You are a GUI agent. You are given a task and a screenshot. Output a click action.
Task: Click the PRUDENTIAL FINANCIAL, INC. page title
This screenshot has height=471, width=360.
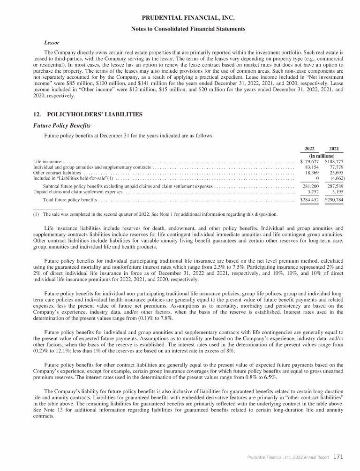tap(180, 19)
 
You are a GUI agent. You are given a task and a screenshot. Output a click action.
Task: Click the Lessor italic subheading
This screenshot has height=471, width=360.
tap(51, 42)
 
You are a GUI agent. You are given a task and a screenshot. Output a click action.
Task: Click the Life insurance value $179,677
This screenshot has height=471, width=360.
tap(309, 161)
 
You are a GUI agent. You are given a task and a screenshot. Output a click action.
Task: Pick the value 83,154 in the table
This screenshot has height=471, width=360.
tap(312, 167)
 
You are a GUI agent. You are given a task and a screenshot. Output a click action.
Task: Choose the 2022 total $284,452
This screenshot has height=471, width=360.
tap(309, 200)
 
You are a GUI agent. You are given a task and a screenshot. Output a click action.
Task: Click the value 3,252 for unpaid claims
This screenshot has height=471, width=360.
tap(313, 191)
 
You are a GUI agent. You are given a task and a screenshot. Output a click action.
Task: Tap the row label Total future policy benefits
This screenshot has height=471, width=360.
tap(70, 200)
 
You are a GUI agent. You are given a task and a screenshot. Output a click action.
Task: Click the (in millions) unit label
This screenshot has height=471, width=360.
tap(322, 155)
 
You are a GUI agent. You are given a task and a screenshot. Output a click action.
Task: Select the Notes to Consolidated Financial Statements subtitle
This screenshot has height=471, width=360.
tap(180, 29)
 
